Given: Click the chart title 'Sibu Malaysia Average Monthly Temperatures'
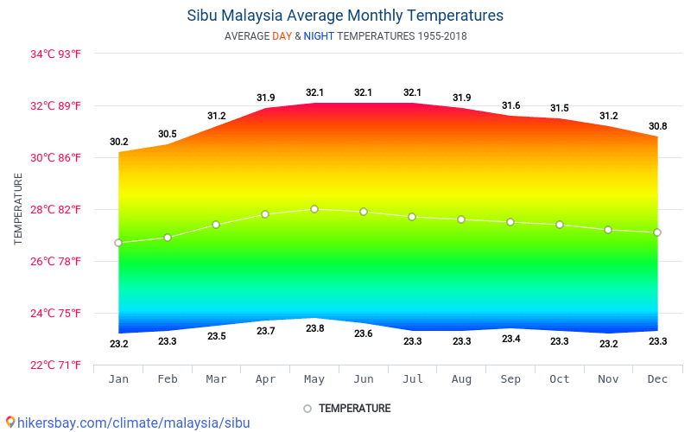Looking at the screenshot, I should tap(345, 16).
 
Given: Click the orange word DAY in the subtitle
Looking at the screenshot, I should tap(282, 36).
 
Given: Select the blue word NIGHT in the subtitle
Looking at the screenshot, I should tap(319, 36).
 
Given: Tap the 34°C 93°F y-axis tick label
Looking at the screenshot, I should tap(55, 54).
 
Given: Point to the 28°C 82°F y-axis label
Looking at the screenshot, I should tap(55, 210).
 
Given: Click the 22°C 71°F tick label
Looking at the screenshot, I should tap(55, 365).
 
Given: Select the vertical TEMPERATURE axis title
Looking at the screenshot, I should tap(18, 208).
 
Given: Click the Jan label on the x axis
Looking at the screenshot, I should tap(118, 378).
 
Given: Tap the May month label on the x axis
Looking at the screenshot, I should tap(314, 378).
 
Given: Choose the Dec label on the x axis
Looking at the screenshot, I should tap(657, 378).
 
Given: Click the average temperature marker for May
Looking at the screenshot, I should tap(314, 209).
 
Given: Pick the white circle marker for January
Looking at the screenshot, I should tap(118, 243).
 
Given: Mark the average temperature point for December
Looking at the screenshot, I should tap(657, 232).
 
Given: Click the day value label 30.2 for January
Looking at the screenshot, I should tap(118, 142).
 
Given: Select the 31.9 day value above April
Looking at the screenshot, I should tap(265, 98).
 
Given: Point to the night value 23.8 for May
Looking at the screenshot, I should tap(314, 328).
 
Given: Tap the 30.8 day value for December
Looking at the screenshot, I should tap(657, 126).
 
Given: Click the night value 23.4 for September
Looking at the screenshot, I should tap(510, 339).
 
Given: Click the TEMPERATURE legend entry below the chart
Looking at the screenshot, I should tap(353, 409).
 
